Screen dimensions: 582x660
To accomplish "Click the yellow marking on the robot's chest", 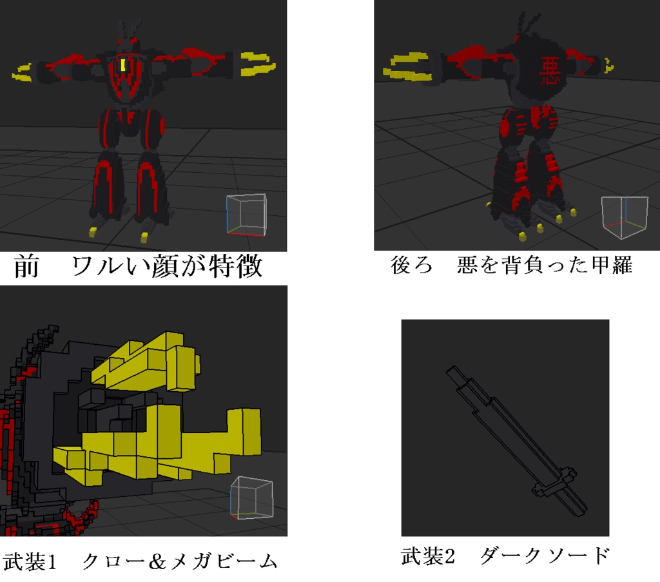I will (122, 65).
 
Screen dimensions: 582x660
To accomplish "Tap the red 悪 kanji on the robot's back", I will (550, 68).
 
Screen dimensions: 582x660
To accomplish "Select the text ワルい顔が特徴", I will (167, 266).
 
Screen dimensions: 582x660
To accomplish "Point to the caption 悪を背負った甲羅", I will (545, 266).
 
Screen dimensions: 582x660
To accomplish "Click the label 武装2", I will (428, 556).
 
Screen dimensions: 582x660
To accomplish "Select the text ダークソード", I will (544, 556).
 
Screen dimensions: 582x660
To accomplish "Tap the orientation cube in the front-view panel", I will (246, 214).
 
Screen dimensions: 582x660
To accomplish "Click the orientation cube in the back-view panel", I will (623, 215).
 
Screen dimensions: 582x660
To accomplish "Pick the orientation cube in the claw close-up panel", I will (251, 498).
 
